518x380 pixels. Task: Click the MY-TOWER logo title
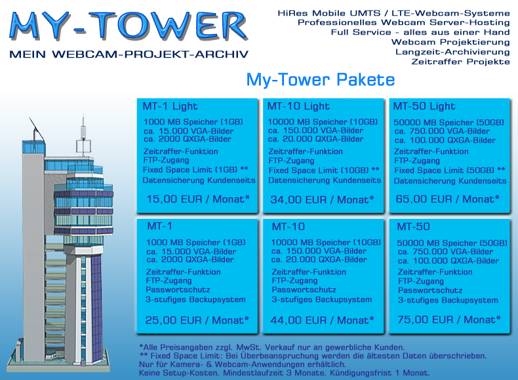[129, 26]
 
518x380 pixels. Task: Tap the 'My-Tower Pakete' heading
[321, 80]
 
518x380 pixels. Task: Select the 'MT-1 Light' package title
[170, 106]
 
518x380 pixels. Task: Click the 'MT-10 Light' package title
[298, 106]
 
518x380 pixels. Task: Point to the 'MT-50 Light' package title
[424, 106]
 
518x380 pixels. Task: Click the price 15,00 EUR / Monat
[198, 199]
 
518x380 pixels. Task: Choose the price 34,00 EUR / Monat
[323, 200]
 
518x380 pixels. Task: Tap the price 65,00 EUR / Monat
[448, 199]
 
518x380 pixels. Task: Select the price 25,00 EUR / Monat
[197, 320]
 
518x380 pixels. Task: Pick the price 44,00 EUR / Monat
[323, 320]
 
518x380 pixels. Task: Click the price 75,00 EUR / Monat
[449, 320]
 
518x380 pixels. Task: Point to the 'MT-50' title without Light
[413, 227]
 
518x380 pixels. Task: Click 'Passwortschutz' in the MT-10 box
[304, 290]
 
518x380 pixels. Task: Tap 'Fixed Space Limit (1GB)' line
[195, 170]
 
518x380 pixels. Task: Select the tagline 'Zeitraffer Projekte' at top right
[460, 62]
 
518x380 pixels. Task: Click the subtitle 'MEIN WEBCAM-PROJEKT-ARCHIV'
[129, 54]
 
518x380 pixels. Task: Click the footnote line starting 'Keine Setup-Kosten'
[284, 373]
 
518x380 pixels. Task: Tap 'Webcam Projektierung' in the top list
[450, 42]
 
